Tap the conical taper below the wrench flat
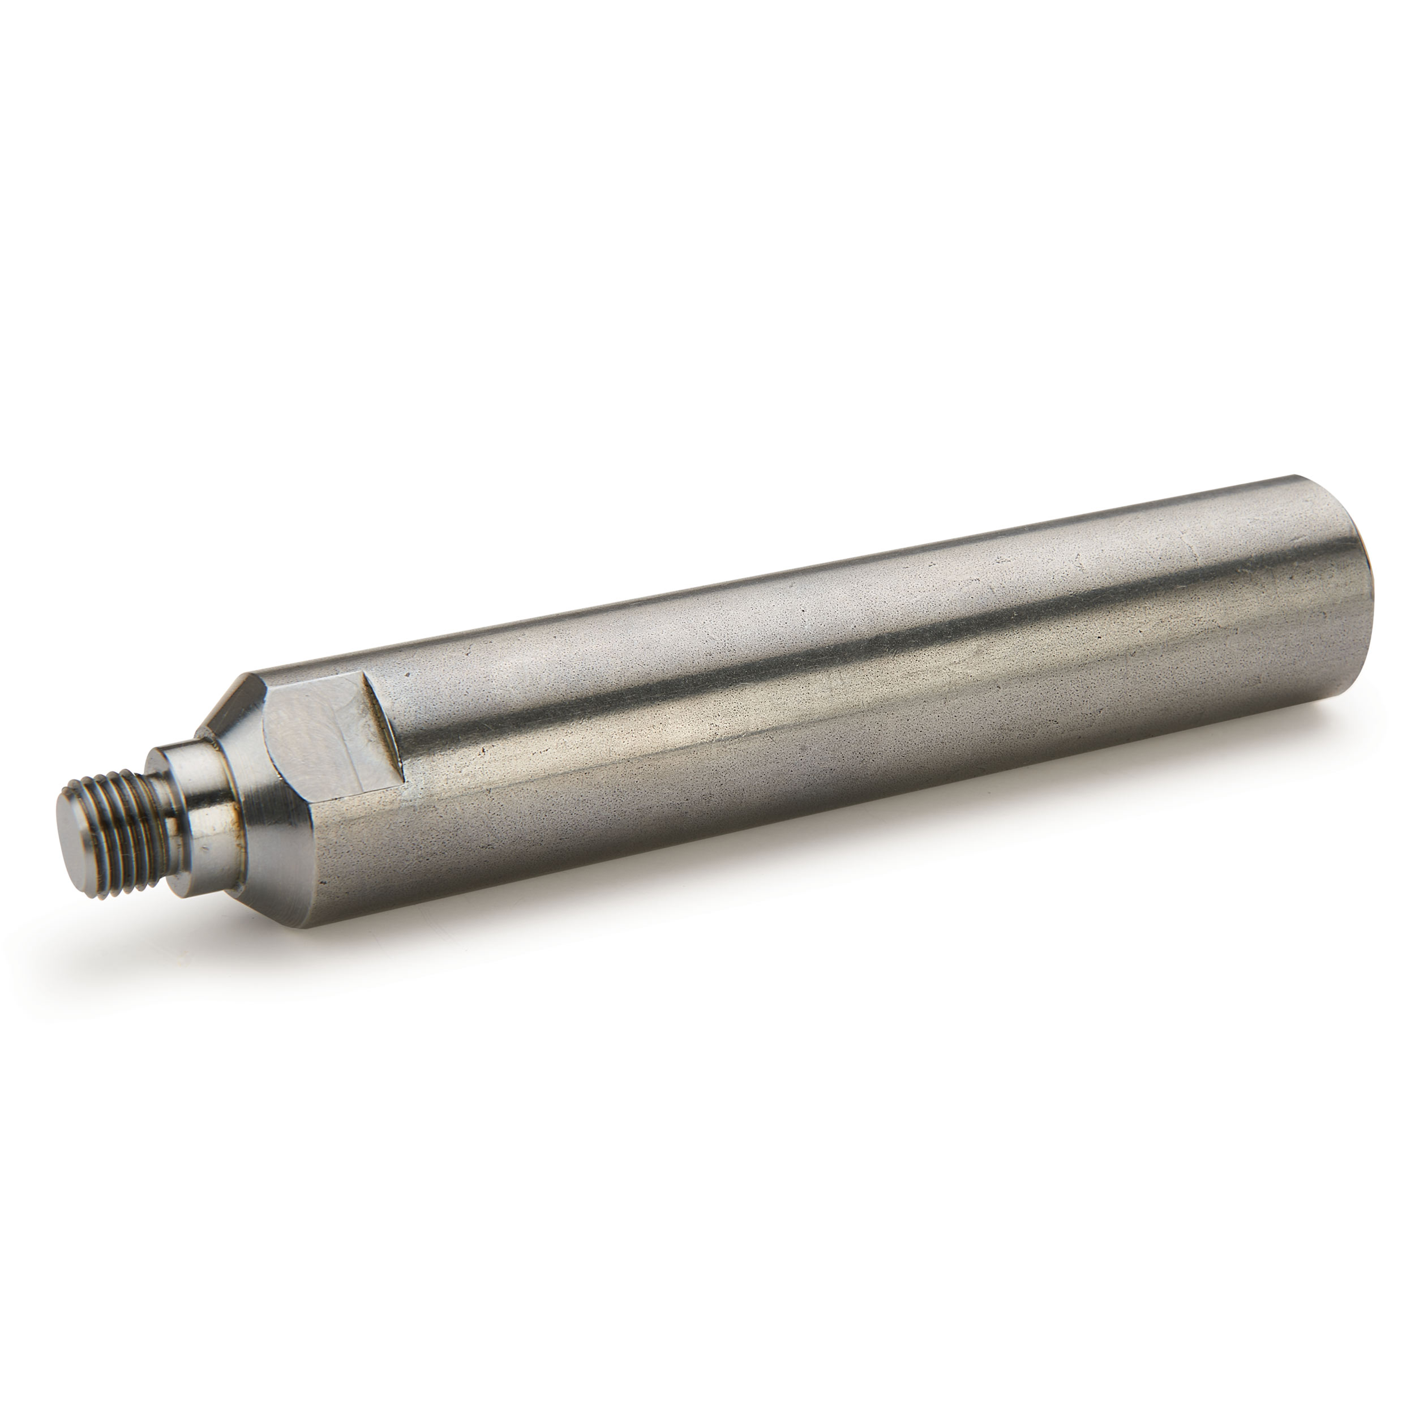click(275, 827)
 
